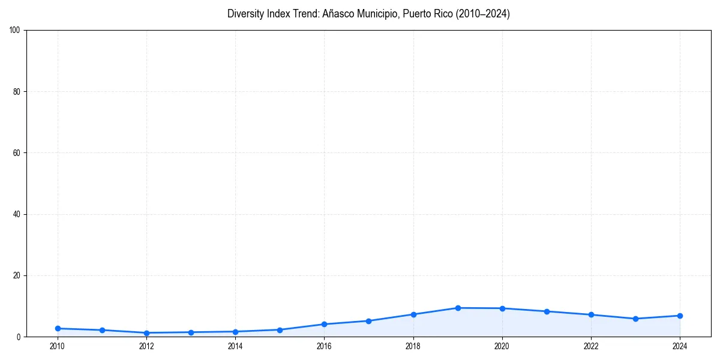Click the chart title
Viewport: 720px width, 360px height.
[368, 14]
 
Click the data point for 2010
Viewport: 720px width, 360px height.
[58, 328]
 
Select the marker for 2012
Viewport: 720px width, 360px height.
[146, 332]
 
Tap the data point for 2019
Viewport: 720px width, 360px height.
[458, 308]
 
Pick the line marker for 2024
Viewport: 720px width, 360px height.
[680, 316]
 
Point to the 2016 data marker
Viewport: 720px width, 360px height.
[324, 324]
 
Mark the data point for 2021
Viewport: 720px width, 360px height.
[547, 311]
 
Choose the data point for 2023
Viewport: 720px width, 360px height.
[635, 319]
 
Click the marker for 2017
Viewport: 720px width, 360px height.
[368, 321]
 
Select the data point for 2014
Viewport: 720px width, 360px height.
[235, 331]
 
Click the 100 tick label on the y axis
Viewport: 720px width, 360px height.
[15, 30]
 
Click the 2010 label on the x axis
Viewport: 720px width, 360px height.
[58, 346]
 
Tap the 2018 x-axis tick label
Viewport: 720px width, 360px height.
[413, 346]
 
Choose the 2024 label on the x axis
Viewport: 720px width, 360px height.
[680, 346]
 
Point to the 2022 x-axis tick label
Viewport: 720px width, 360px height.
[591, 346]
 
